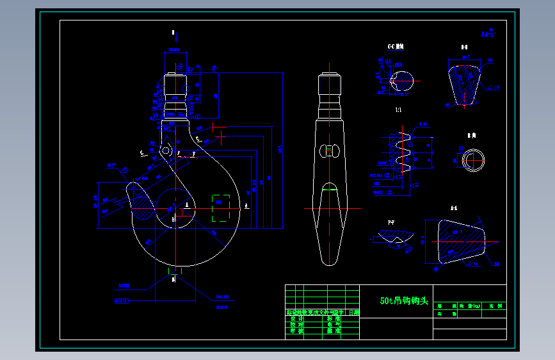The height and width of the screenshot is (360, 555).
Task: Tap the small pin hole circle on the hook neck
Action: click(166, 151)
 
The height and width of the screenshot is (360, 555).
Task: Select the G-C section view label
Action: click(396, 47)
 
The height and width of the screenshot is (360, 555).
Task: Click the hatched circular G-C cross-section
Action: click(401, 80)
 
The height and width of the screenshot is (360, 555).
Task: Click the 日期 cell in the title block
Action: click(353, 313)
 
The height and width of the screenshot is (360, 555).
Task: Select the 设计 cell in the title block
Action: click(296, 318)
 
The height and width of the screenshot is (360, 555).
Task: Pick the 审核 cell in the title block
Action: click(296, 331)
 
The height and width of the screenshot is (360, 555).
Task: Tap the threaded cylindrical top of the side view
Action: click(330, 84)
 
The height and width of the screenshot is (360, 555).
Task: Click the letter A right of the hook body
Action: click(246, 205)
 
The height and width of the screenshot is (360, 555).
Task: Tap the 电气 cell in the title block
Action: click(334, 324)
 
